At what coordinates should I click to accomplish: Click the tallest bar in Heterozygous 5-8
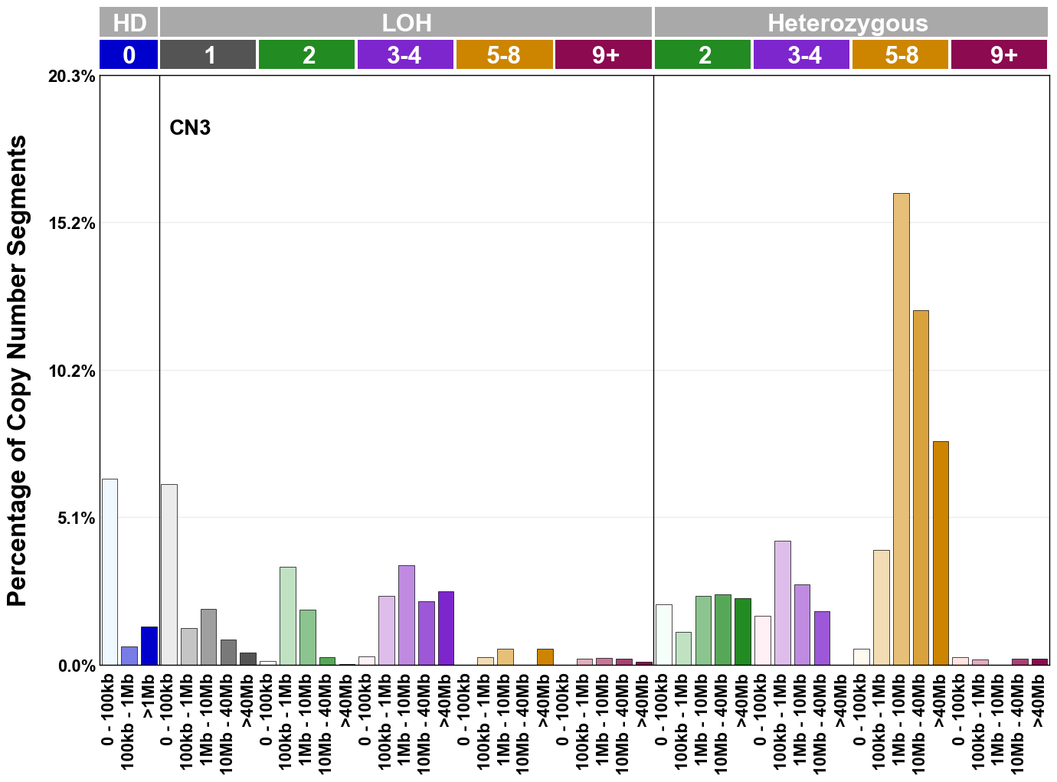click(901, 429)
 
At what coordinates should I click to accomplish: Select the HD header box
click(129, 22)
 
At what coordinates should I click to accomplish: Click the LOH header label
click(406, 22)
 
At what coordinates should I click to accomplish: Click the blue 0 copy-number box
click(129, 55)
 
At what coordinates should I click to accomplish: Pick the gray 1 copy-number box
click(208, 55)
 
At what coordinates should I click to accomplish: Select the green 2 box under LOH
click(307, 55)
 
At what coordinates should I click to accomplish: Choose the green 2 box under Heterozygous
click(703, 55)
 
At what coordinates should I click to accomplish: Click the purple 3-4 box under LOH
click(405, 55)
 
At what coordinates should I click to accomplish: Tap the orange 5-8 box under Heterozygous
click(901, 55)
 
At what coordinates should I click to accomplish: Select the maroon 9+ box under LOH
click(604, 55)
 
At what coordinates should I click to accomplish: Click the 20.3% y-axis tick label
click(73, 77)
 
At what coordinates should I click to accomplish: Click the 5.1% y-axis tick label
click(76, 519)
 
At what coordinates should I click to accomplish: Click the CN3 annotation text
click(189, 128)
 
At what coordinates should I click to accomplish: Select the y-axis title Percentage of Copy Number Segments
click(17, 371)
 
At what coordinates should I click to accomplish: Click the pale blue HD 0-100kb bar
click(110, 572)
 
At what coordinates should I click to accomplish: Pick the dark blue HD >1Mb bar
click(149, 646)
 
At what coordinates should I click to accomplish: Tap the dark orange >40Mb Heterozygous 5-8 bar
click(941, 553)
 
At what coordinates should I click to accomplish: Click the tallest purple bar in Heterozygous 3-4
click(782, 603)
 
